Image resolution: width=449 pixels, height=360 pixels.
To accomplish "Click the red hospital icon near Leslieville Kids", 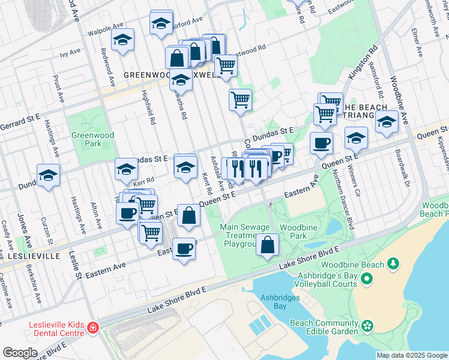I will click(x=93, y=328).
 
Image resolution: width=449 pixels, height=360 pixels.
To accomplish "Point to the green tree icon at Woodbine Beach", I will click(x=393, y=263).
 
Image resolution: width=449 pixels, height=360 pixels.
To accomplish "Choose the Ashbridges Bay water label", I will click(x=277, y=301).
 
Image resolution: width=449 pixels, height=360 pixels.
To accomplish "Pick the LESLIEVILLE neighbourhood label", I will click(x=34, y=256).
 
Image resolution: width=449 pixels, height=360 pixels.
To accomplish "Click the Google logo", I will click(x=20, y=352).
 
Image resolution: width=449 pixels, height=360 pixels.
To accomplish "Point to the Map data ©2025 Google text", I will click(x=411, y=355).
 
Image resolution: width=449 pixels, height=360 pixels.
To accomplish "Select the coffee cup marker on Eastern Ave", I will click(x=184, y=248).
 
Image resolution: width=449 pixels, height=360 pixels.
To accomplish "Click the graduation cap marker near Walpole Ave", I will click(x=123, y=40).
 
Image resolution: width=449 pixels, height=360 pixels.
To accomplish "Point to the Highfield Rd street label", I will click(x=148, y=107).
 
